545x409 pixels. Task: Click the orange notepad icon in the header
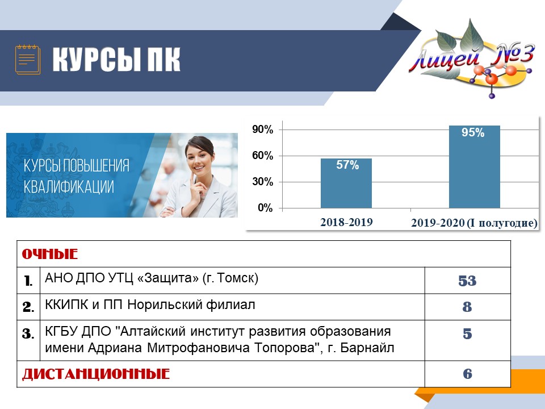(28, 60)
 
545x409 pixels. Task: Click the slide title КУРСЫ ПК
(116, 60)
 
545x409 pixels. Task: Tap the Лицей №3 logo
(472, 59)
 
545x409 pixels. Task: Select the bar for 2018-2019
(346, 183)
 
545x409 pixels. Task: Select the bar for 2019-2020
(475, 167)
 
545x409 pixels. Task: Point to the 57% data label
(347, 165)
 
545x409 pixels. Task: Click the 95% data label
(473, 132)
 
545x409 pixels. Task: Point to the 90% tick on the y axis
(263, 130)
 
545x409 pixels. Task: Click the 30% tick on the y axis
(263, 182)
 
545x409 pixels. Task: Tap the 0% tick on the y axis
(265, 208)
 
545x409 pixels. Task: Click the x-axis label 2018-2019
(346, 222)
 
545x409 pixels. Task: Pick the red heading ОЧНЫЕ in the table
(50, 254)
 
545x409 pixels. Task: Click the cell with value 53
(467, 281)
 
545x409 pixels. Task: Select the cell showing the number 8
(467, 307)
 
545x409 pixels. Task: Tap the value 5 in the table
(467, 334)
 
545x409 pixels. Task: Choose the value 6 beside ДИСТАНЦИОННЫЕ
(467, 374)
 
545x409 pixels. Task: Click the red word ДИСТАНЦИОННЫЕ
(96, 374)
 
